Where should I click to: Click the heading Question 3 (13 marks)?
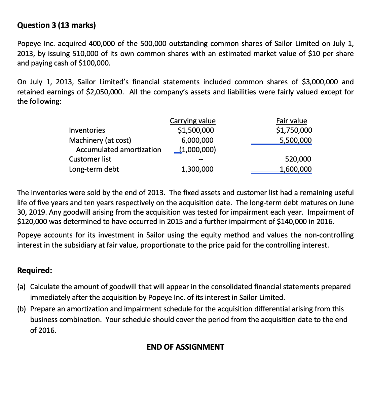click(56, 25)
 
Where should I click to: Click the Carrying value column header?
click(192, 121)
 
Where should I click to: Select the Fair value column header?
click(291, 121)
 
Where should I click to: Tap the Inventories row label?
click(87, 130)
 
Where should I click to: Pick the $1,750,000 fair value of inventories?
click(294, 130)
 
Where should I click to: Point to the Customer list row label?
click(90, 159)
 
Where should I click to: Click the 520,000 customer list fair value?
click(298, 159)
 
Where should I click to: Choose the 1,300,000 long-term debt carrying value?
click(197, 169)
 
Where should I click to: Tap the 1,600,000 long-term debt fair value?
click(296, 169)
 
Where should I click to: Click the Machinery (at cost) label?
click(100, 140)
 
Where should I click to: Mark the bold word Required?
click(35, 270)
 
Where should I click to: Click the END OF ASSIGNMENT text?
click(185, 347)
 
